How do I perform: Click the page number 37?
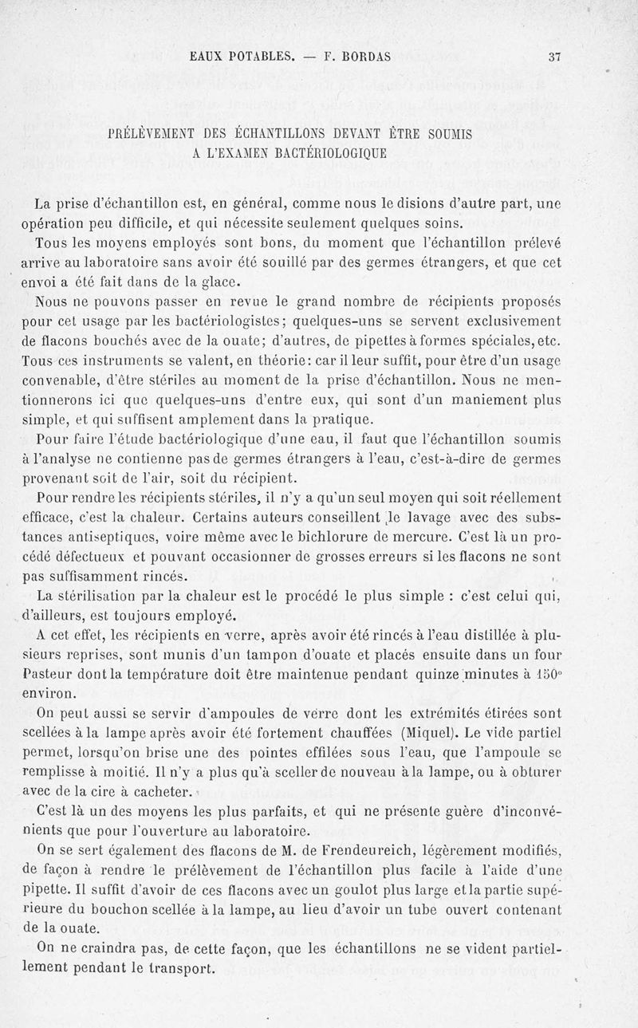(556, 57)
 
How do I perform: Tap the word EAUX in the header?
(208, 57)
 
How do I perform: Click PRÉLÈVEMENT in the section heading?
(159, 135)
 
